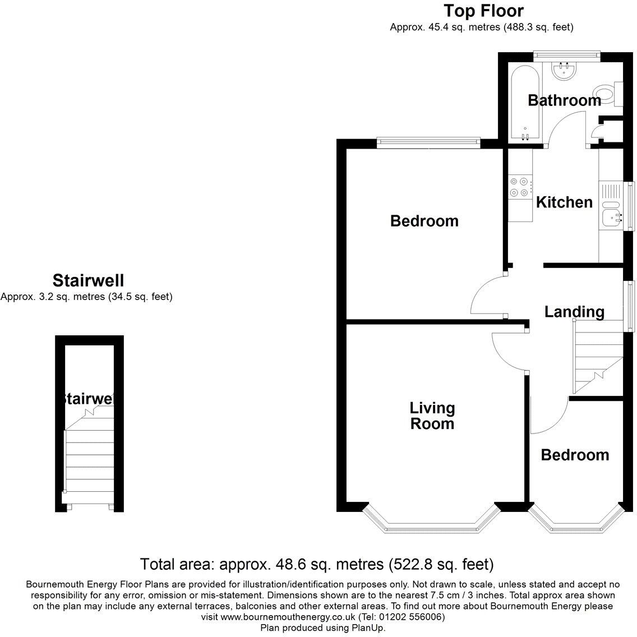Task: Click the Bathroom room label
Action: (564, 100)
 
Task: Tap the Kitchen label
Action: (564, 202)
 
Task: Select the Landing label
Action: (574, 312)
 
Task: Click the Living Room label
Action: (432, 416)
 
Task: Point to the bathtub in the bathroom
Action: (525, 104)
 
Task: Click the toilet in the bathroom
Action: (606, 94)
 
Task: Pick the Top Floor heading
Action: (483, 11)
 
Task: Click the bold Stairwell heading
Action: (88, 280)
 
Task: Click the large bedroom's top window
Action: (428, 142)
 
